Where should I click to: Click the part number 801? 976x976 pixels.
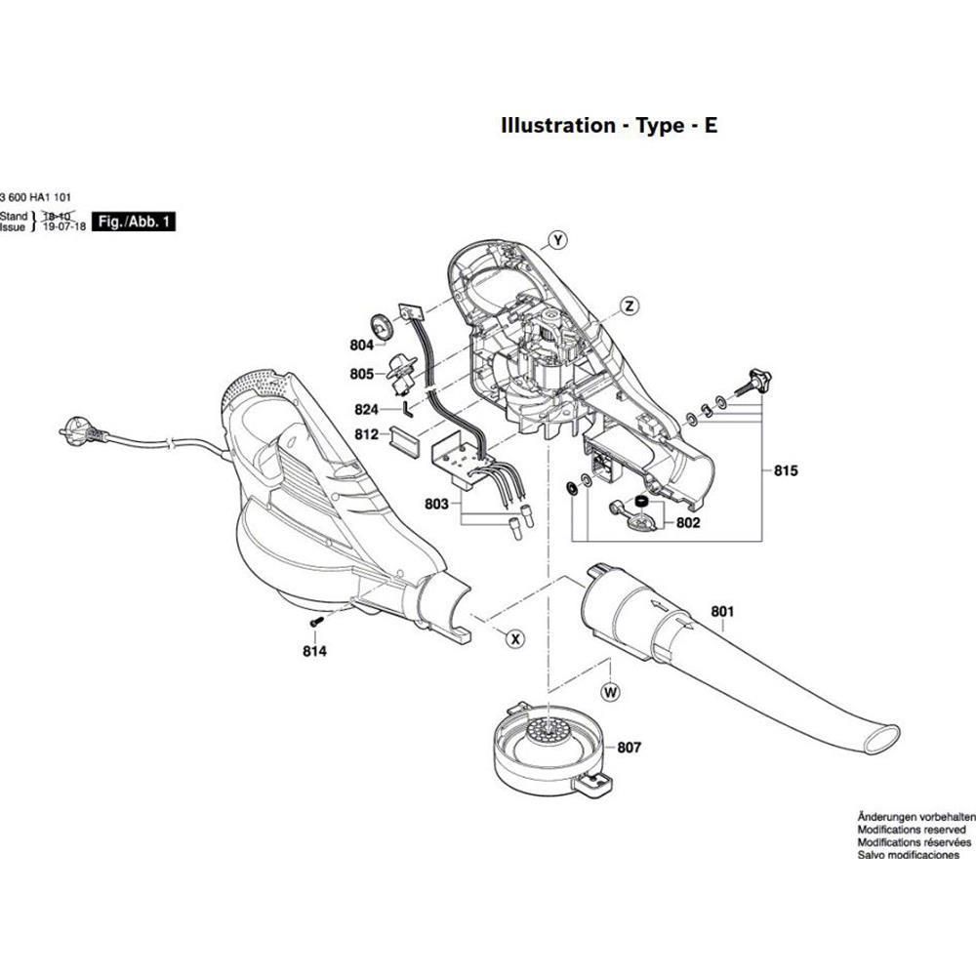click(x=721, y=612)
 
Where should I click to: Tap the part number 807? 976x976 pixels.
click(x=629, y=749)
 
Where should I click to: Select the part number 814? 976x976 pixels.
click(x=314, y=650)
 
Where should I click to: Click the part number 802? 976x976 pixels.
click(x=688, y=524)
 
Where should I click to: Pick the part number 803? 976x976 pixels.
click(x=436, y=504)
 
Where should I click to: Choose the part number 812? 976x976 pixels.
click(x=366, y=434)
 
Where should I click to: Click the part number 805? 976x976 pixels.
click(x=361, y=374)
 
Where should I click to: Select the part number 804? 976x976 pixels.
click(x=361, y=344)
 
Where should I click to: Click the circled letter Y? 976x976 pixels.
click(x=556, y=240)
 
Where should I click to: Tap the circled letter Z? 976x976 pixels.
click(x=630, y=306)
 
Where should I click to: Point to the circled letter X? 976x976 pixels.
click(x=514, y=639)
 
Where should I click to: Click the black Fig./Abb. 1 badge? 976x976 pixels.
click(x=135, y=223)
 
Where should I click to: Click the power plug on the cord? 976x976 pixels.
click(x=77, y=427)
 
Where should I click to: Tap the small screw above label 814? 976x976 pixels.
click(x=315, y=621)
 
